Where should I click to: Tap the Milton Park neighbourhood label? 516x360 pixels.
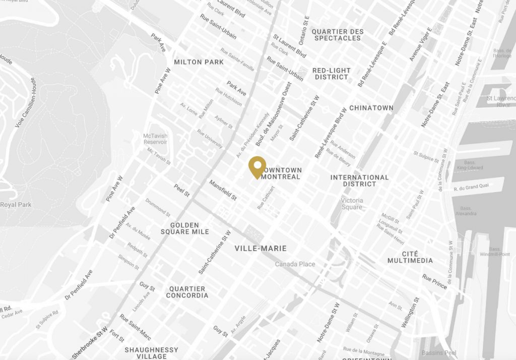click(199, 62)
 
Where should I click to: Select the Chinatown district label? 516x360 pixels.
click(371, 108)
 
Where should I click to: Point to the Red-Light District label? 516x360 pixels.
click(332, 74)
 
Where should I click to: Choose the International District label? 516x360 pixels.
click(359, 181)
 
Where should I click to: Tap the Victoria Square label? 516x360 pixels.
click(352, 204)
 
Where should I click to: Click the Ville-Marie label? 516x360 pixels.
click(261, 249)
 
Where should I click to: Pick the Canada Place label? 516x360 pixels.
click(295, 264)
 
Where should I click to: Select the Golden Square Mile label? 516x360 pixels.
click(185, 228)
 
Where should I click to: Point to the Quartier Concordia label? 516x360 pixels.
click(187, 292)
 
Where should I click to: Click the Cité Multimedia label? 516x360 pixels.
click(410, 257)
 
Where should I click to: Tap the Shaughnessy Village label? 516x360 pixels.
click(151, 353)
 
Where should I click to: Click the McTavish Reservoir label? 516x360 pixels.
click(155, 139)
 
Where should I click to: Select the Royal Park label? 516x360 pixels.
click(16, 205)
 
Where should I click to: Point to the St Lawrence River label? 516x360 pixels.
click(500, 101)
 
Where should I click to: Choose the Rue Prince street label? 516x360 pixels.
click(434, 281)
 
